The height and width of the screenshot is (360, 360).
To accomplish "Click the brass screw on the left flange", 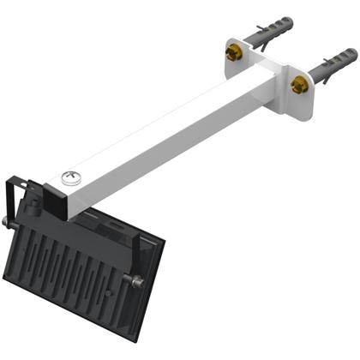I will coord(231,53).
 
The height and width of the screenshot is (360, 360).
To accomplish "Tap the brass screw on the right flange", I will coord(299,85).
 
